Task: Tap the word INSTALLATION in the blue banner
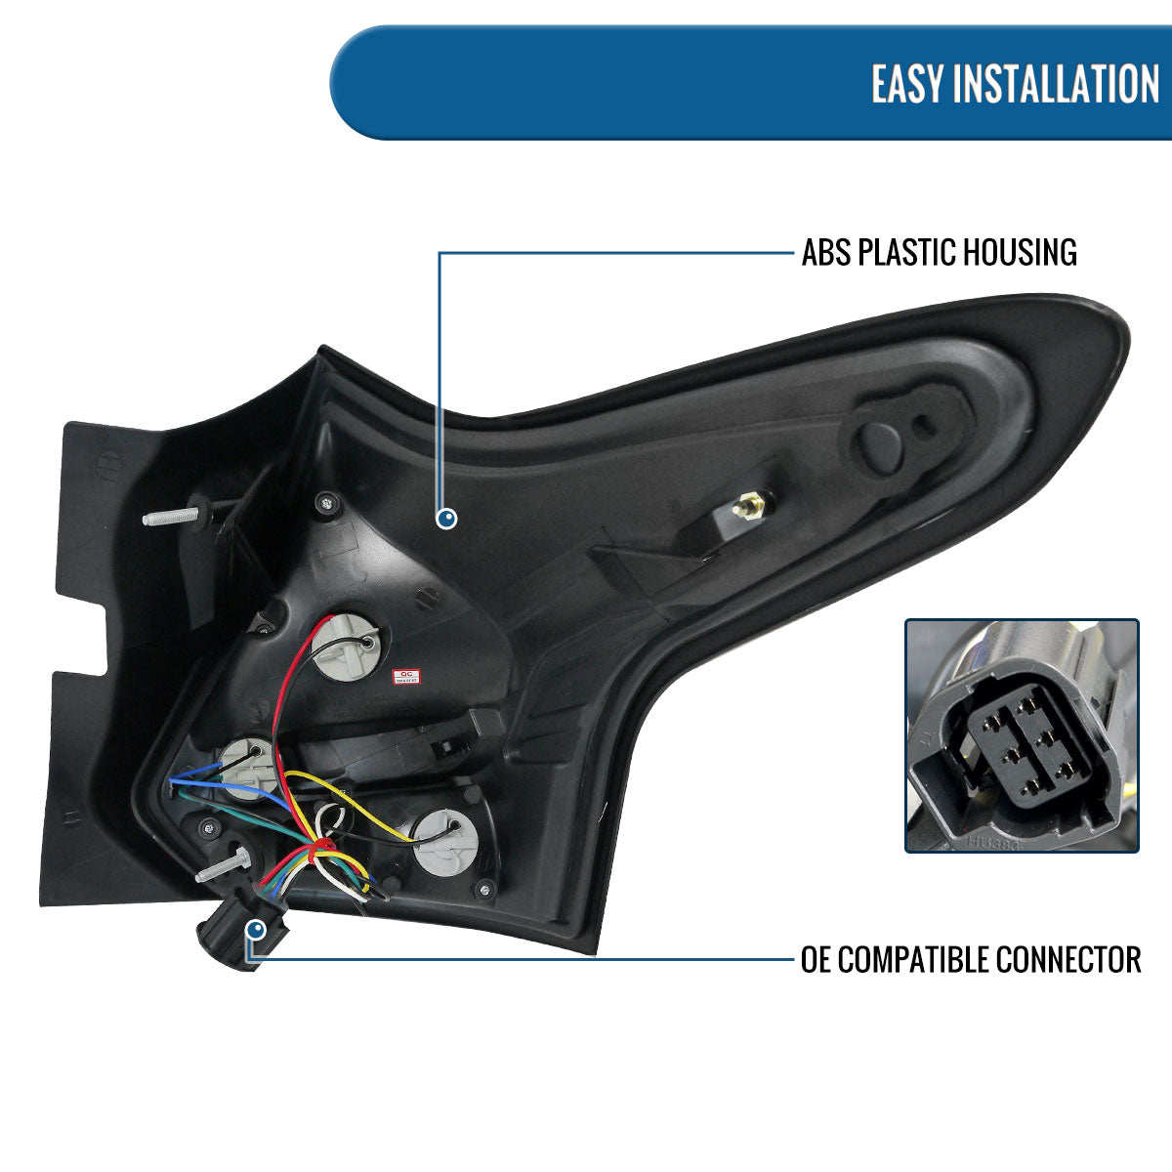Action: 1055,84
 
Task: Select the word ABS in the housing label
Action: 826,253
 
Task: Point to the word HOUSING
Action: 1020,253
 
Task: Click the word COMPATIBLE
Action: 913,959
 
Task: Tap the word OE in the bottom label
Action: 816,959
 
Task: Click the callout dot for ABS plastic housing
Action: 447,520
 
